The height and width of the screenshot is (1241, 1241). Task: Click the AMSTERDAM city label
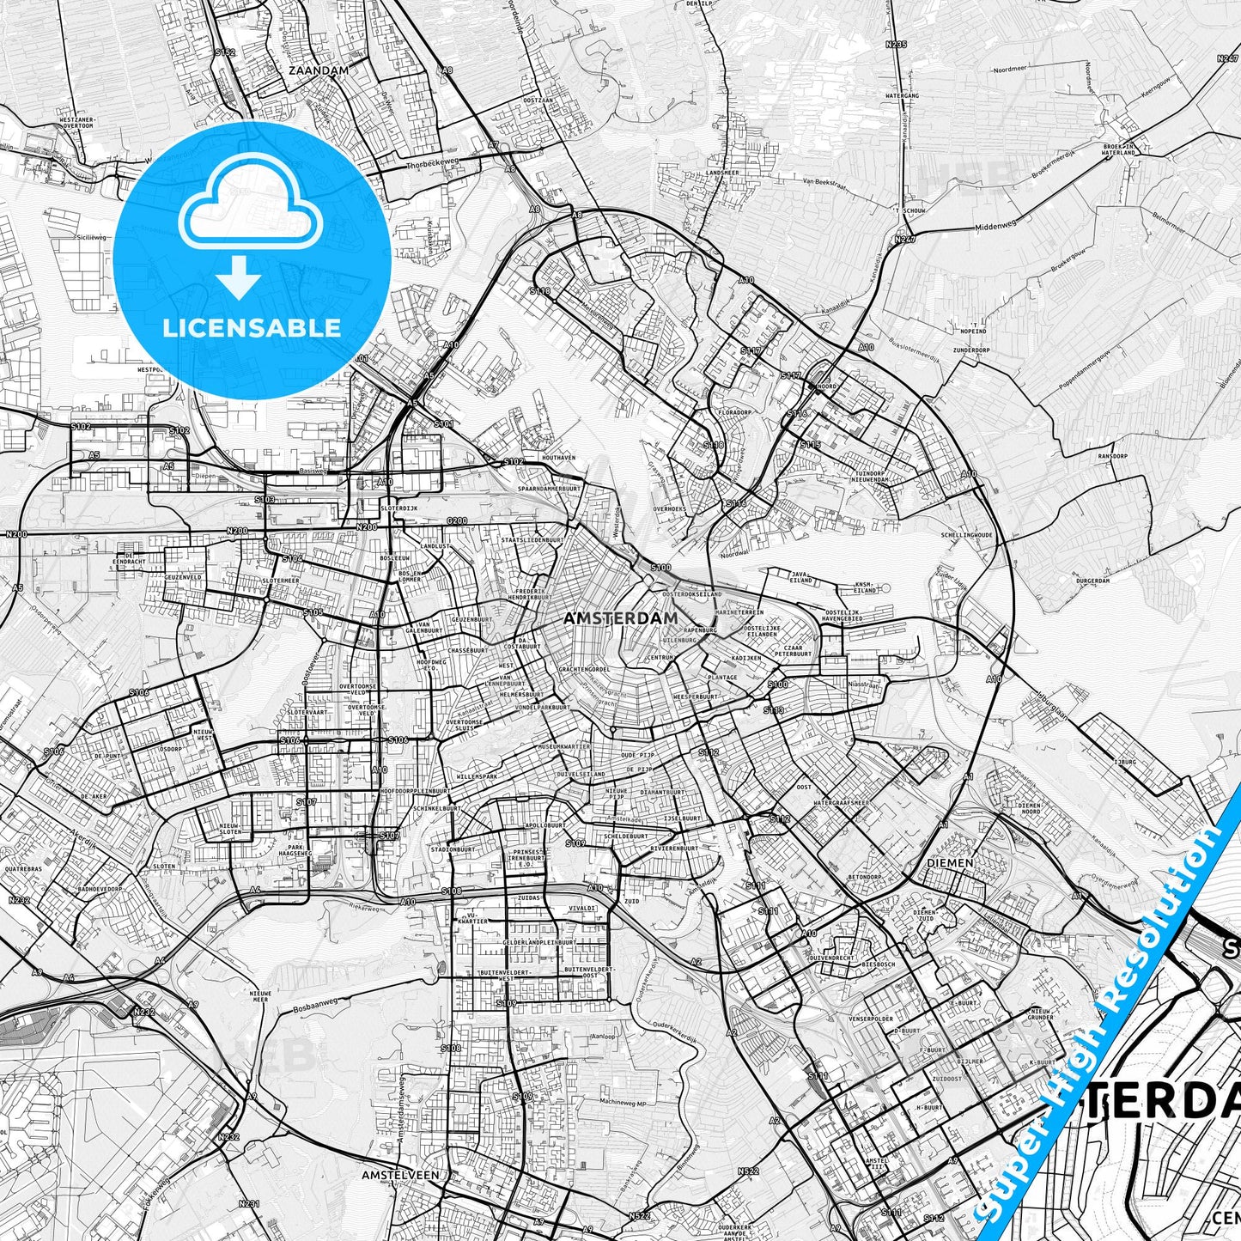(x=621, y=617)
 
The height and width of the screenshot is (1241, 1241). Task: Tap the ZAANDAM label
(x=319, y=70)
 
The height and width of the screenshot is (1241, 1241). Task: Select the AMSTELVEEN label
(x=400, y=1174)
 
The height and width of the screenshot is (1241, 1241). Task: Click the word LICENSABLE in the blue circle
(x=252, y=327)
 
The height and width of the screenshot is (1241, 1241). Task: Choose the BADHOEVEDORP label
(x=101, y=889)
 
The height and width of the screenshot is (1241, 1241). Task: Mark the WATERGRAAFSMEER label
(x=841, y=803)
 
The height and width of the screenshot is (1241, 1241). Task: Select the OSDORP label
(x=171, y=748)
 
